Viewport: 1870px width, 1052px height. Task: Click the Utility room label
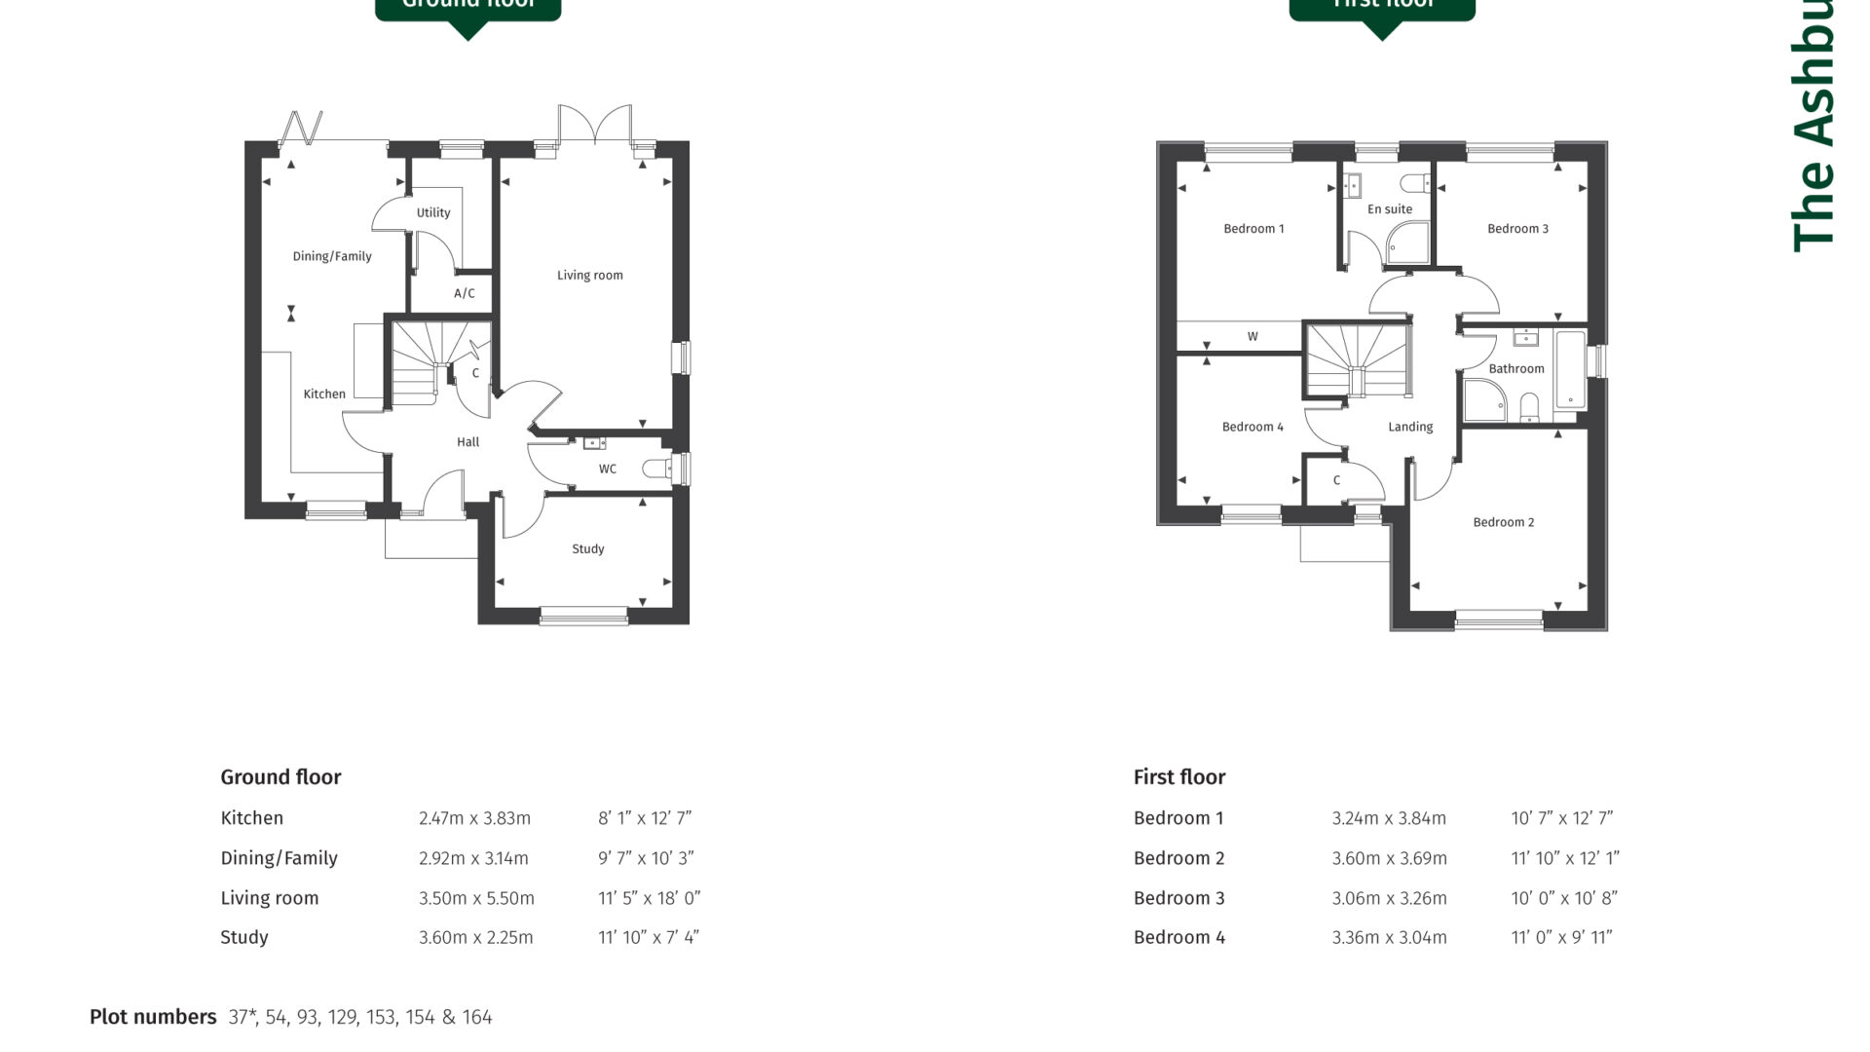[433, 212]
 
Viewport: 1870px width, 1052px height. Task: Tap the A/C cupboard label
[465, 293]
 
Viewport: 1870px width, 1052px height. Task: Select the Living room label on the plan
[589, 275]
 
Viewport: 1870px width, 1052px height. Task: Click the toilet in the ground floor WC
[659, 470]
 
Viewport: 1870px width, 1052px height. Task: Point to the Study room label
[587, 548]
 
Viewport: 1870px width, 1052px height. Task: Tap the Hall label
[467, 441]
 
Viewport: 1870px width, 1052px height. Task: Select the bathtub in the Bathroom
[1570, 370]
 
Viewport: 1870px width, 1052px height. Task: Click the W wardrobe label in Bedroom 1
[1253, 336]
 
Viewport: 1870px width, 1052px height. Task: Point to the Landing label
[1409, 427]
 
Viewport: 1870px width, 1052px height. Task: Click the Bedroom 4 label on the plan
[1253, 427]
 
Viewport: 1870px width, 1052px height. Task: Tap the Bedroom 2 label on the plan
[1503, 522]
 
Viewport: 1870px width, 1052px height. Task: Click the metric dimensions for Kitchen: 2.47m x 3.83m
[474, 818]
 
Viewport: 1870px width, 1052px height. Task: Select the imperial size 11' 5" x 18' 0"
[649, 898]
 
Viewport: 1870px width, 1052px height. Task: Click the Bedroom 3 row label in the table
[1178, 898]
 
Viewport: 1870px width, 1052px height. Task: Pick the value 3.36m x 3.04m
[1389, 937]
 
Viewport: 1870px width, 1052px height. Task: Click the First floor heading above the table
[1178, 777]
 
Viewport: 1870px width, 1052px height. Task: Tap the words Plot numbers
[153, 1017]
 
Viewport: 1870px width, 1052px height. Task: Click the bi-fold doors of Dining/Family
[302, 129]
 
